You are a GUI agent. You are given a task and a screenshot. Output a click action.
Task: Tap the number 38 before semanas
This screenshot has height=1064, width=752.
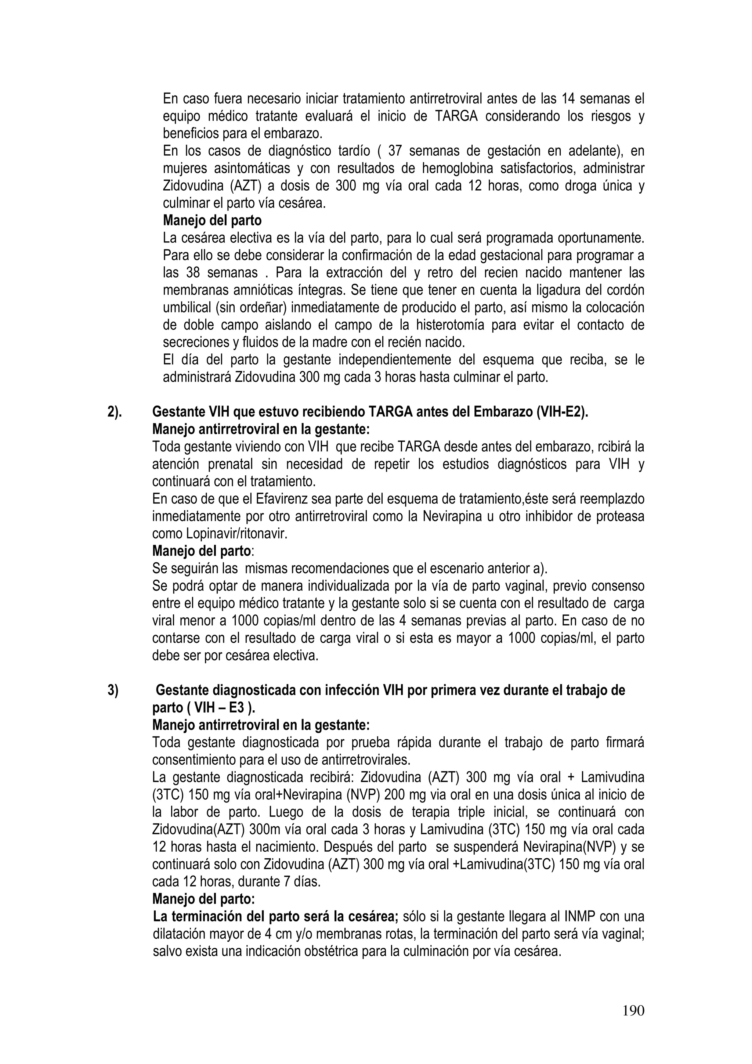pyautogui.click(x=193, y=273)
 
